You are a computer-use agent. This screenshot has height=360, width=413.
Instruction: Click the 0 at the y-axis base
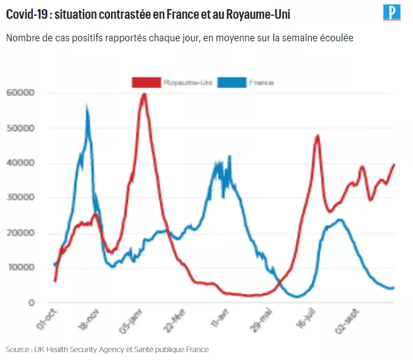[32, 303]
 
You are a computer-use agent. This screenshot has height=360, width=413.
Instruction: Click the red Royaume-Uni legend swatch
[146, 83]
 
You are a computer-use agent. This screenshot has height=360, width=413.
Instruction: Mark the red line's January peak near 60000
[144, 94]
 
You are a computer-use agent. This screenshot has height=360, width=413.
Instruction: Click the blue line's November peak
[87, 108]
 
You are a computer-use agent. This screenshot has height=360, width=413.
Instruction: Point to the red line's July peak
[317, 135]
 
